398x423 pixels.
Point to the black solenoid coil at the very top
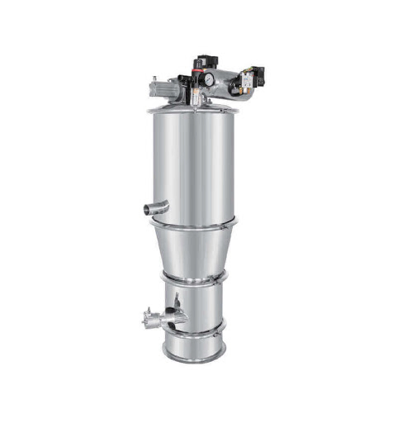point(202,61)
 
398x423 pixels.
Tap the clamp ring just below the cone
point(193,278)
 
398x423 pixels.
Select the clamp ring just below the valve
point(194,330)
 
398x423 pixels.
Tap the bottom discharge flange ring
point(194,356)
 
